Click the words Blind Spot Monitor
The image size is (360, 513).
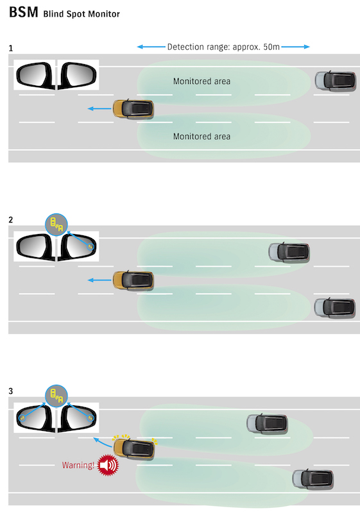81,13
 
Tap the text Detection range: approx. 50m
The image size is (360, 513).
223,47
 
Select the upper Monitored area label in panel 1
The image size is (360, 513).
201,81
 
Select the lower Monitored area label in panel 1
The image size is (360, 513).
201,137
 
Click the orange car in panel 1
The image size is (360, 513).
133,109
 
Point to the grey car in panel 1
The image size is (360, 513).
336,81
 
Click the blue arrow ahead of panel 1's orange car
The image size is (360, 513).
99,110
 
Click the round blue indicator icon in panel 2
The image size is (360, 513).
56,224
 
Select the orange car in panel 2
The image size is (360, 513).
133,280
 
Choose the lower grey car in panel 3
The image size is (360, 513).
313,478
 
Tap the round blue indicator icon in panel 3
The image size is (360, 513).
56,395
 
